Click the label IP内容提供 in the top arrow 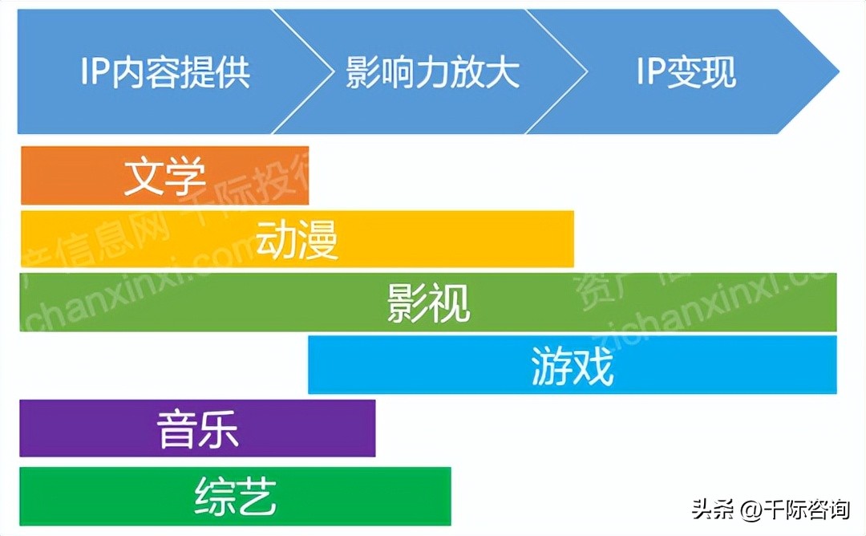point(165,71)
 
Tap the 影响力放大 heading point(433,71)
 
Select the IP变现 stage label point(686,71)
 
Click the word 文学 point(164,176)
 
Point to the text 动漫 point(297,239)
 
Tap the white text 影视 point(428,303)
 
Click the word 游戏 point(572,365)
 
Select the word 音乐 point(197,428)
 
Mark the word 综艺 point(235,496)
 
